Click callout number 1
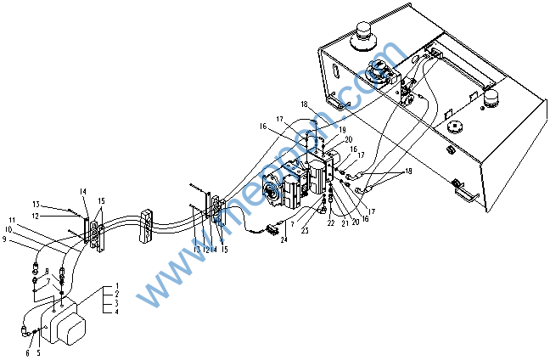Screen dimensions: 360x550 tap(117, 285)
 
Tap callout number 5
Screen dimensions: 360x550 tap(38, 352)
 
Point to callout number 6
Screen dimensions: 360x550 tap(26, 352)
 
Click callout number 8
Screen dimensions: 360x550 tap(48, 272)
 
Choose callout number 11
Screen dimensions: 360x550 tap(13, 221)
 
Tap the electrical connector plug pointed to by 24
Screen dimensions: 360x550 tap(272, 228)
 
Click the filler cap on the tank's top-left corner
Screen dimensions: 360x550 tap(366, 33)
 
